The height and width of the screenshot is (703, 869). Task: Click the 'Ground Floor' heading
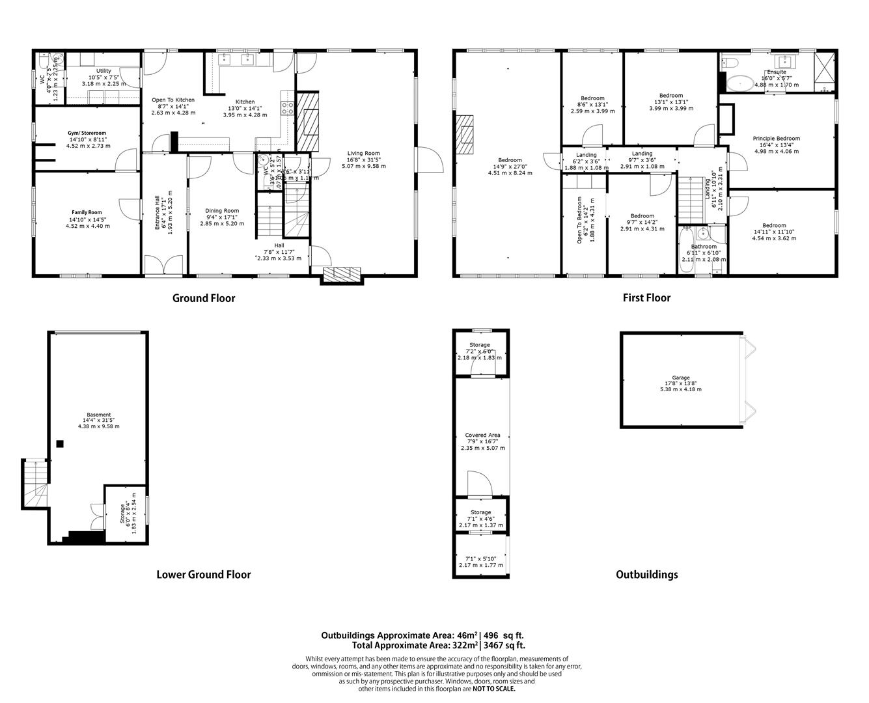click(203, 298)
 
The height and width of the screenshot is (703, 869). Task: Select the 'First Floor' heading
click(646, 297)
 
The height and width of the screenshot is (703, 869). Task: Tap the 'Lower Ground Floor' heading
click(203, 574)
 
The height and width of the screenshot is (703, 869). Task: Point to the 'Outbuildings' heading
click(646, 574)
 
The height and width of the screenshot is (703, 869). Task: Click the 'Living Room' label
click(363, 154)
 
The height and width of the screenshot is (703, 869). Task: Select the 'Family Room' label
click(87, 212)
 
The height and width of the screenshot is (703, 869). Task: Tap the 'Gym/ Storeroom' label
click(87, 133)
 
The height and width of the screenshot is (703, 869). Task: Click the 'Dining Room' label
click(222, 211)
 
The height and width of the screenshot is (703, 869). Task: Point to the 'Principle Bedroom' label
click(776, 139)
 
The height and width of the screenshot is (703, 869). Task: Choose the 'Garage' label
click(681, 378)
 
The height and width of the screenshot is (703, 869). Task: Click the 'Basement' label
click(98, 415)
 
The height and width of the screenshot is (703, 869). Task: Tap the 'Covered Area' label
click(482, 435)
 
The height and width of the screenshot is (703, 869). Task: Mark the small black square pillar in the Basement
click(60, 444)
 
